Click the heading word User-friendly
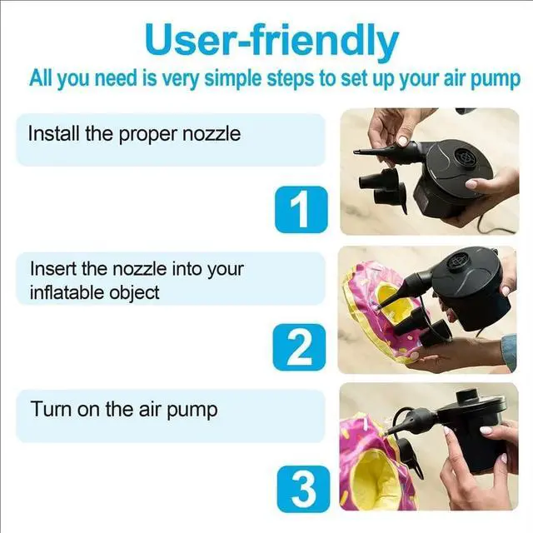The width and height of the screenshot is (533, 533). (x=271, y=40)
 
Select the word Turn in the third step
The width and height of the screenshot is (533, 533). (x=47, y=409)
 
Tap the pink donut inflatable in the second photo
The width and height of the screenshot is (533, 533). (x=375, y=308)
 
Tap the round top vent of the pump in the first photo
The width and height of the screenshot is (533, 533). (x=462, y=156)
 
